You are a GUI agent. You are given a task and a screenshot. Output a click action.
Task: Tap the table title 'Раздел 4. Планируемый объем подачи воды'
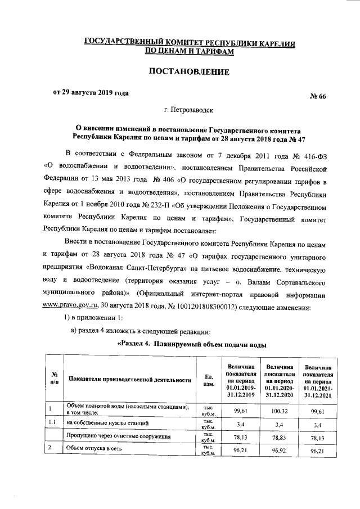(x=191, y=344)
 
